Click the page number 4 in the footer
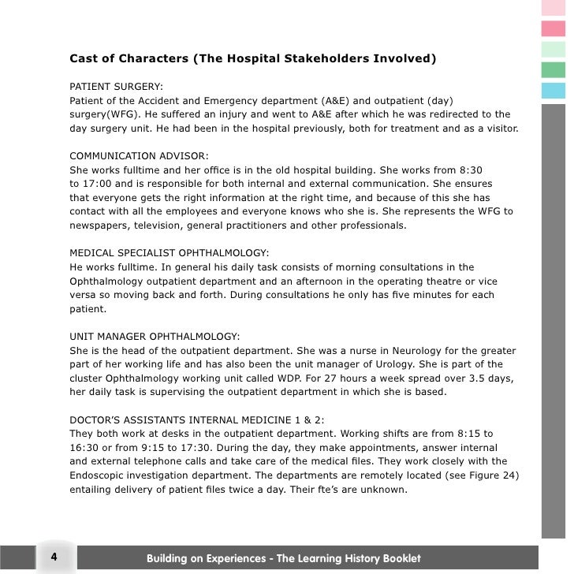coord(54,557)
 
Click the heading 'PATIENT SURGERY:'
coord(117,87)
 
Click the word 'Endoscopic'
coord(99,476)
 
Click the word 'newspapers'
coord(99,225)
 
